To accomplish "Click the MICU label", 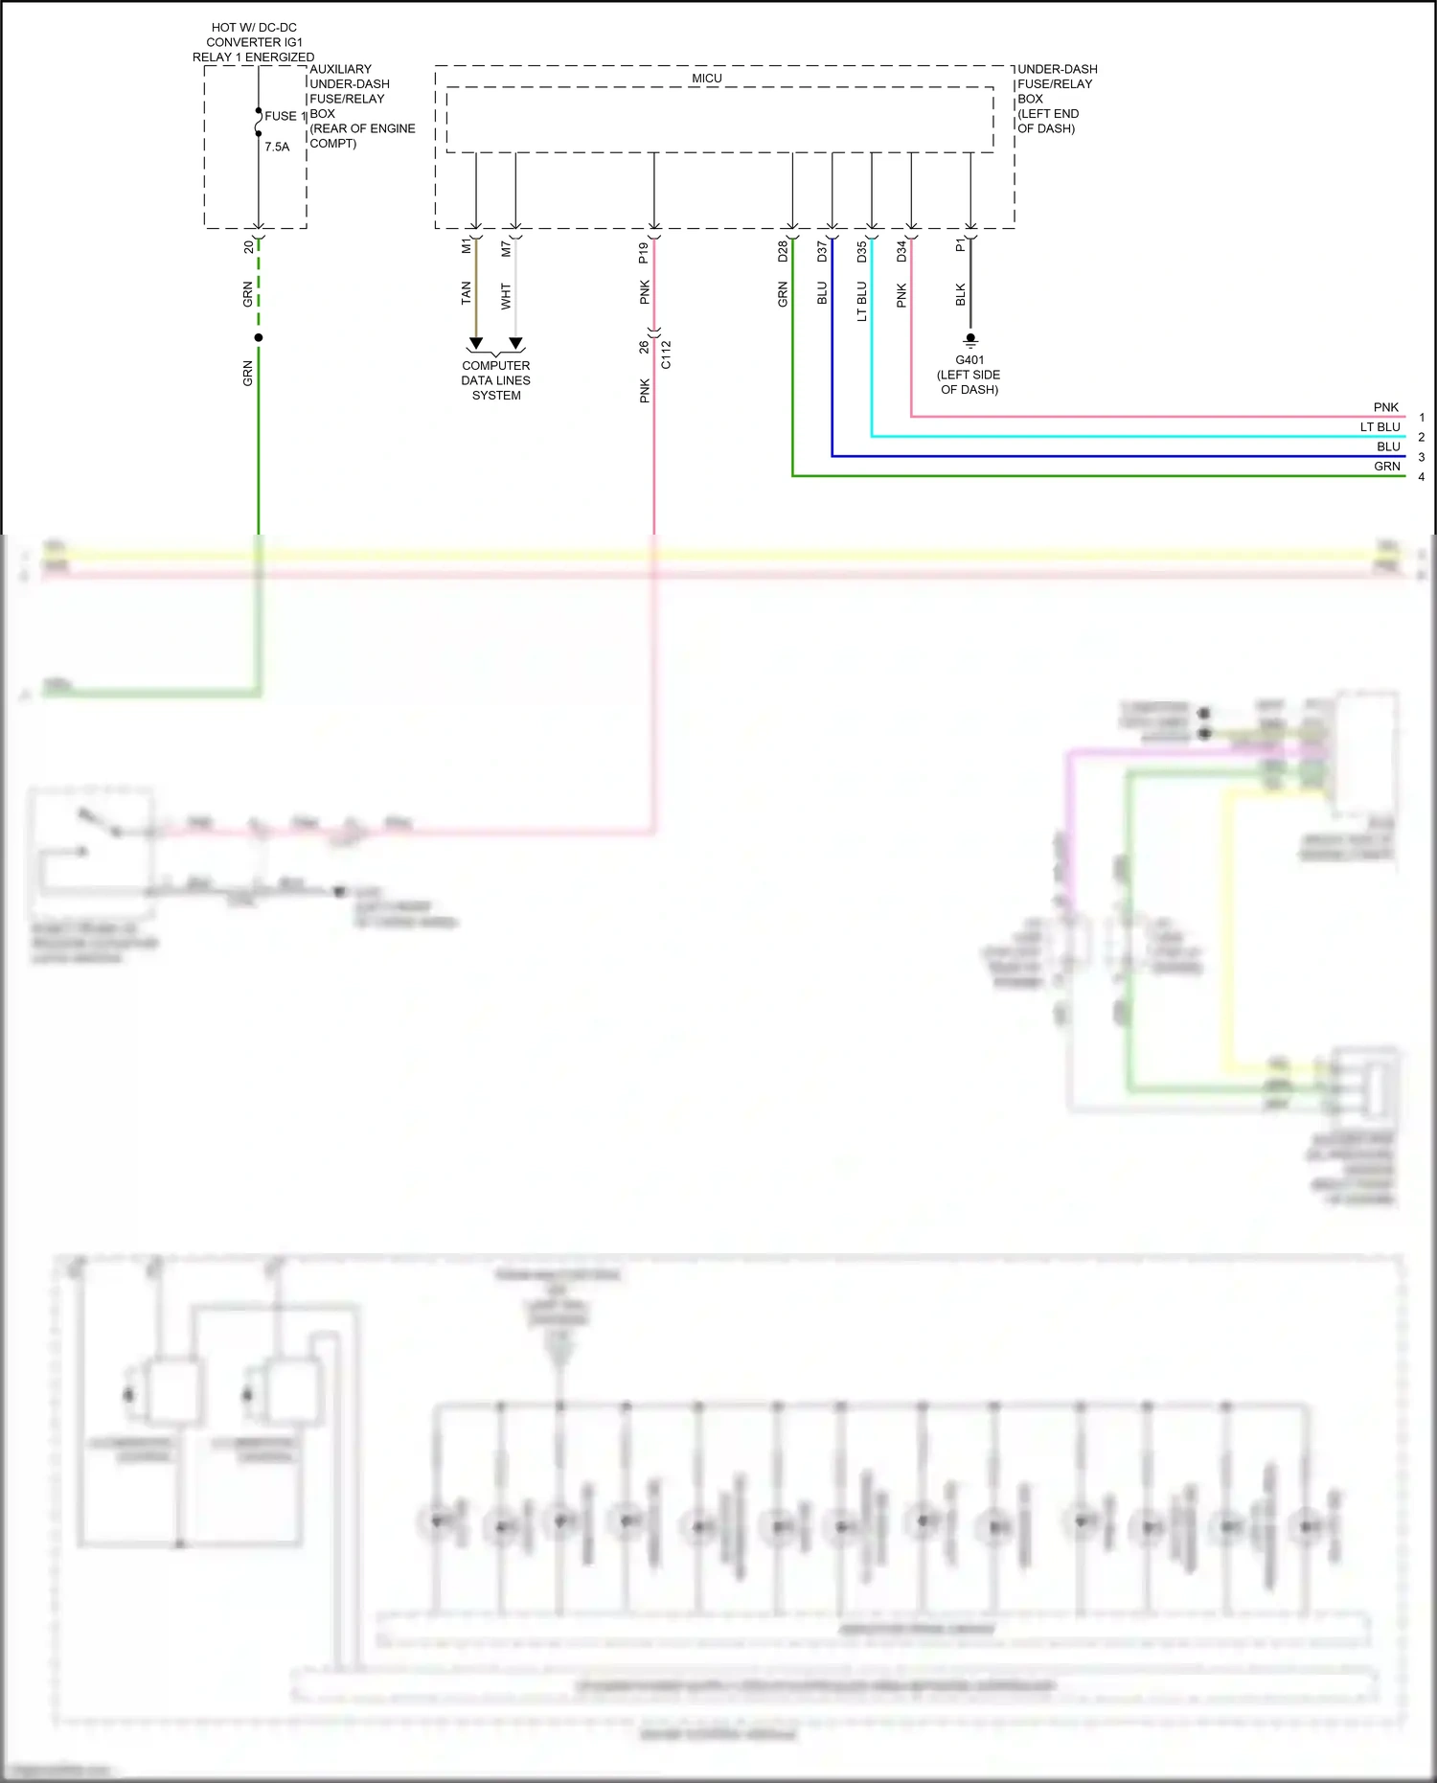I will tap(707, 79).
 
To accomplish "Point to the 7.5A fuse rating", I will tap(277, 147).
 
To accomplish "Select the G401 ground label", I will tap(969, 360).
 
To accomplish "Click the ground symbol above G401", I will tap(970, 340).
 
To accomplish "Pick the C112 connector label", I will tap(666, 354).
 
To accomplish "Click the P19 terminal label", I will tap(644, 253).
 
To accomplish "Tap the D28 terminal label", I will tap(783, 252).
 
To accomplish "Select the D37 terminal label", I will tap(822, 252).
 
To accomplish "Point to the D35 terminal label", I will tap(862, 252).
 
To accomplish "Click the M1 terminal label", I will tap(467, 246).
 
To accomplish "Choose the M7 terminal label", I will tap(507, 248).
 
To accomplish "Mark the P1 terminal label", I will tap(961, 246).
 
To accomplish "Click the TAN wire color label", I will tap(467, 293).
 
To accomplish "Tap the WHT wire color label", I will tap(507, 296).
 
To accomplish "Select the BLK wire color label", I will tap(961, 295).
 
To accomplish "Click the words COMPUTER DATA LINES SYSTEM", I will tap(495, 380).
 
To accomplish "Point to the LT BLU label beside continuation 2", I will tap(1380, 427).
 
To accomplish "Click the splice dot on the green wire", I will tap(259, 337).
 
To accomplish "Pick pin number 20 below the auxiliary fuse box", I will tap(249, 247).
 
